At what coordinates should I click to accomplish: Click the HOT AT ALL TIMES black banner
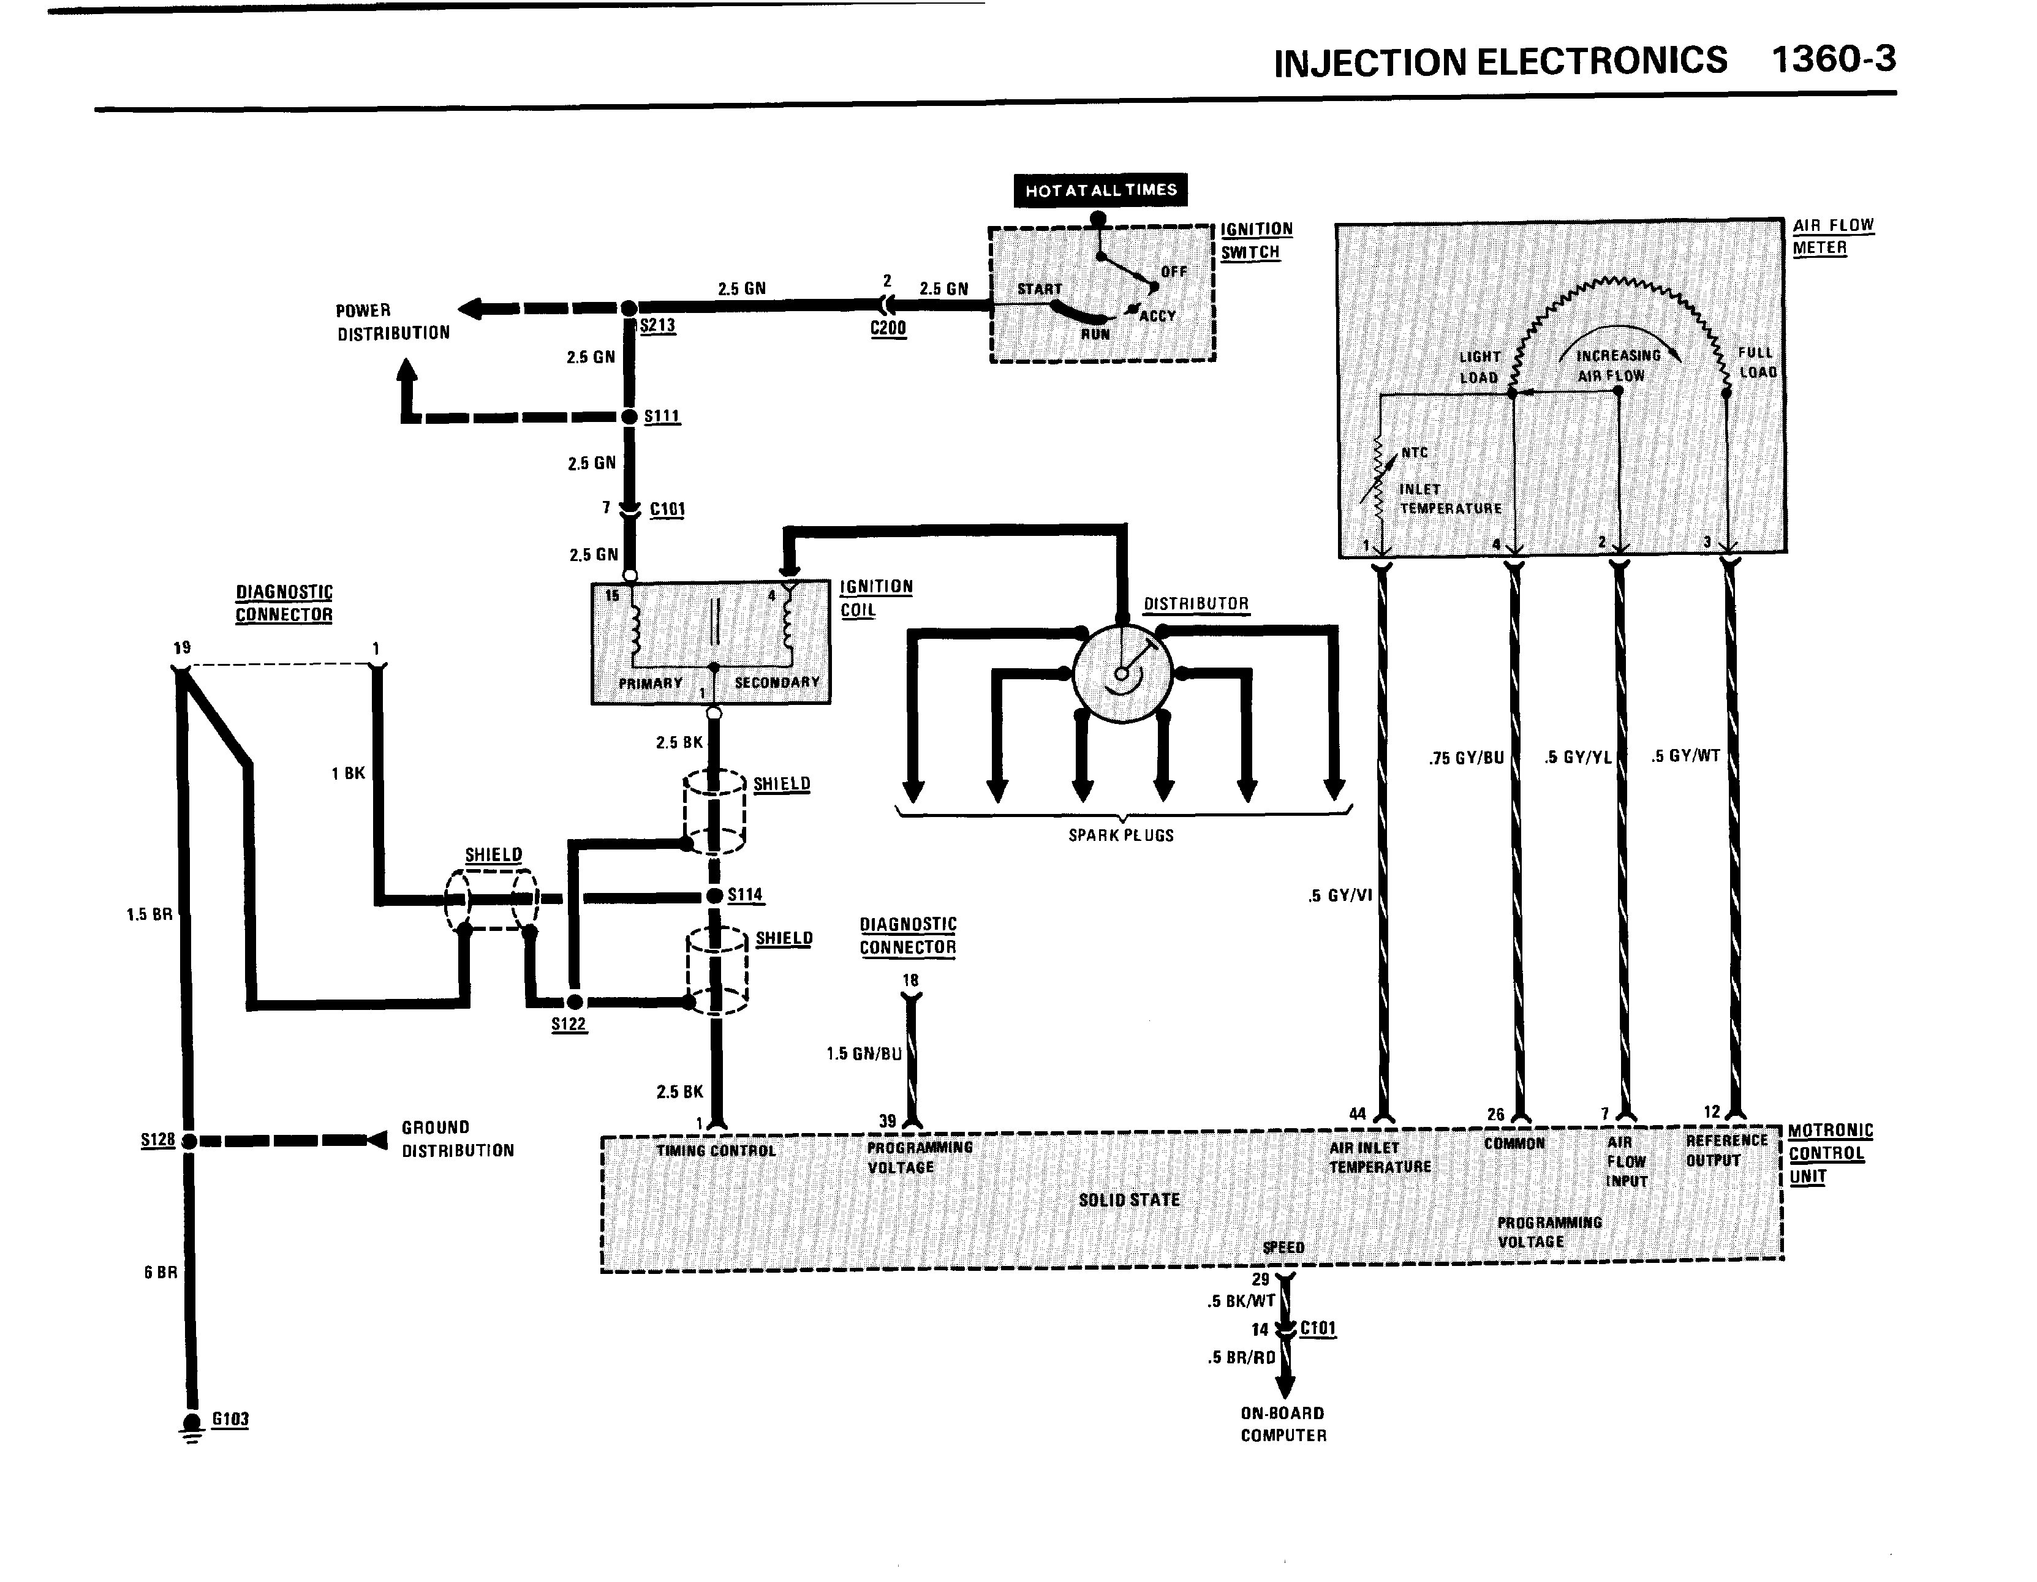(x=1100, y=190)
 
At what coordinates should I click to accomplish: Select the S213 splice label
(x=657, y=325)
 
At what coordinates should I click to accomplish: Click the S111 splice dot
(x=630, y=416)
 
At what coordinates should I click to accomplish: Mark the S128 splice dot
(x=189, y=1141)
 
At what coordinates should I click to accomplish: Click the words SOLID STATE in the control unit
(x=1128, y=1200)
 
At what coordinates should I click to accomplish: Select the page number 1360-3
(x=1833, y=59)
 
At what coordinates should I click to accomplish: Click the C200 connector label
(x=888, y=328)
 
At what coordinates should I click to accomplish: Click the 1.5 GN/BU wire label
(x=864, y=1053)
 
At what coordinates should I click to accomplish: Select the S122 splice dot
(x=575, y=1001)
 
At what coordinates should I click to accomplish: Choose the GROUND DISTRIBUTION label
(x=457, y=1139)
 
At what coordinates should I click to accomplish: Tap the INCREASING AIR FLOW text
(x=1617, y=366)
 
